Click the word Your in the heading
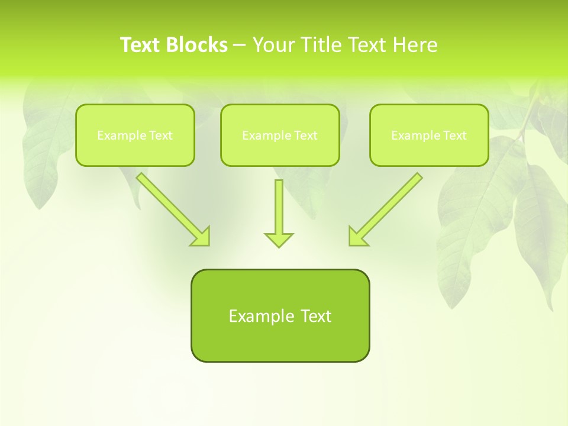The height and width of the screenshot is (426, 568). coord(274,45)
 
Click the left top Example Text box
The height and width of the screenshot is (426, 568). coord(135,135)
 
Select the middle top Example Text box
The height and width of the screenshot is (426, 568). coord(280,135)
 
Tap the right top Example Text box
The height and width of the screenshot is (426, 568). coord(429,135)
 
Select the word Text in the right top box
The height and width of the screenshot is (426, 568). coord(454,135)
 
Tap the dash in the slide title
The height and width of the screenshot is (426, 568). coord(240,45)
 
